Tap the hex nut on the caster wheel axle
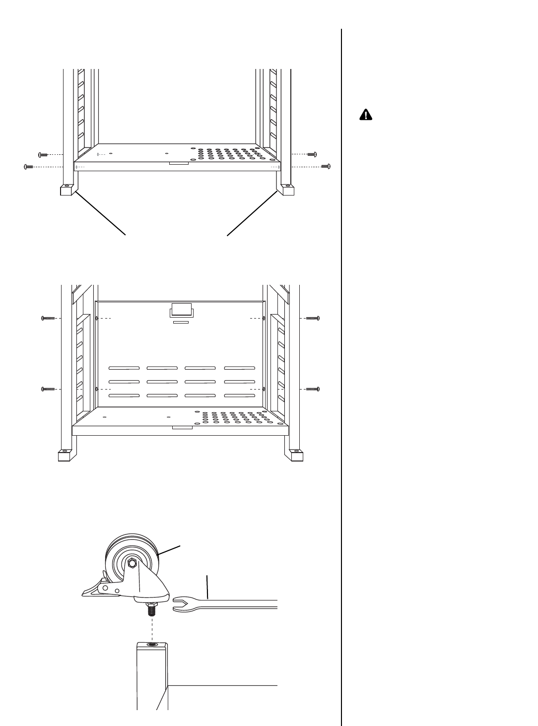[133, 563]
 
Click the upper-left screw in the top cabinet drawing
[42, 154]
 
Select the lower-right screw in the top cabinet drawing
[326, 166]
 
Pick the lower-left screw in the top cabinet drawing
[29, 167]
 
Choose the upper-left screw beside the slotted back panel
[48, 318]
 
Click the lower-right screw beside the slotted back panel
[313, 389]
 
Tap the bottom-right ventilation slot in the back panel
[239, 396]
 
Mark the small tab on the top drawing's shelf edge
[179, 162]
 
